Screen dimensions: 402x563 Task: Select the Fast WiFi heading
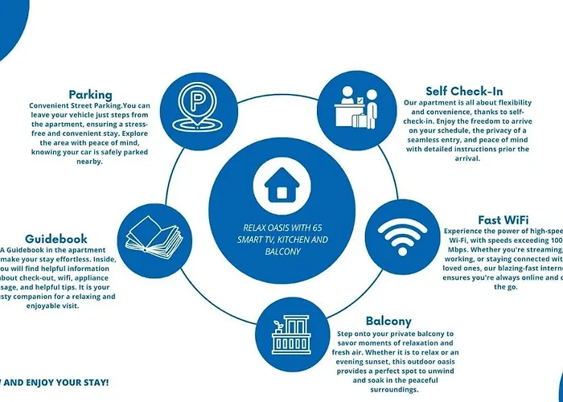pyautogui.click(x=503, y=219)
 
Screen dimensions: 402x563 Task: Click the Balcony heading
pyautogui.click(x=388, y=321)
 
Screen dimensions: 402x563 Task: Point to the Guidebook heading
pyautogui.click(x=56, y=239)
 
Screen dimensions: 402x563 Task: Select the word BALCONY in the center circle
pyautogui.click(x=281, y=252)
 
